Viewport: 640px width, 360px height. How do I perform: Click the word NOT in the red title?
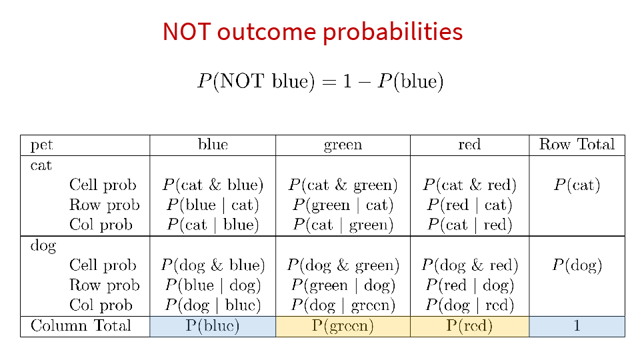[187, 31]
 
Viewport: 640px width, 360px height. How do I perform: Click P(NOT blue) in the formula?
[256, 81]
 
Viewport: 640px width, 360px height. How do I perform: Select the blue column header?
[213, 144]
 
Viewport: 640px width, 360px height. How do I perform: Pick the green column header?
[343, 145]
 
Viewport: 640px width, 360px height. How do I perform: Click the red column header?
[469, 145]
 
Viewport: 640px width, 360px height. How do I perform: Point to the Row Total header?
[577, 144]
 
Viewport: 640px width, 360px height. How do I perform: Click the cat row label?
[41, 165]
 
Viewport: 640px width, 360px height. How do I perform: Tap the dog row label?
[43, 246]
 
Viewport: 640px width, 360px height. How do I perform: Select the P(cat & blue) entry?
[213, 185]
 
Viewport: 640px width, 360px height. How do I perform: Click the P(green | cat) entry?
[343, 205]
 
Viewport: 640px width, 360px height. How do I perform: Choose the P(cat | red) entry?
[469, 225]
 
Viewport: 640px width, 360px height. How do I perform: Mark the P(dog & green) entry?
[343, 265]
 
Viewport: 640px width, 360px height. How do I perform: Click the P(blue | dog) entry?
[213, 285]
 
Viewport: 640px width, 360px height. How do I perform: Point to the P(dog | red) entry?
[469, 305]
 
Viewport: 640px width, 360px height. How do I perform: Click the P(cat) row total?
[577, 185]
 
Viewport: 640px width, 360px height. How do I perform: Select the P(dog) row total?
[577, 265]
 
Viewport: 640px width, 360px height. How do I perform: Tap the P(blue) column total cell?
[213, 326]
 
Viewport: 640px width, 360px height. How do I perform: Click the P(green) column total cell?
[343, 326]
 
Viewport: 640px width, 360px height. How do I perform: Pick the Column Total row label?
[81, 326]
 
